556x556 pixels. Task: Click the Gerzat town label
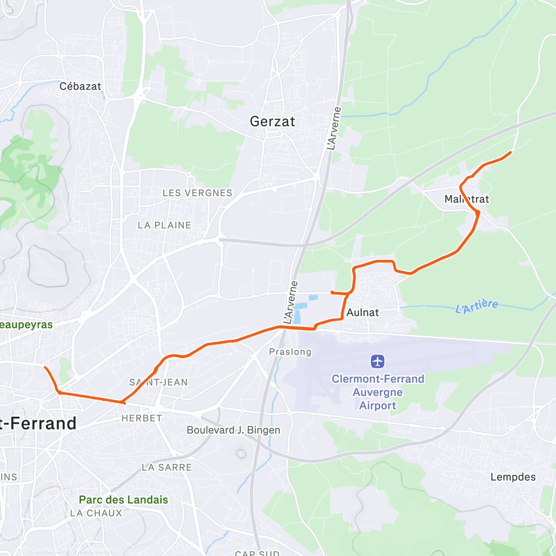pyautogui.click(x=272, y=121)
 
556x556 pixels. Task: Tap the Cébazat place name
pyautogui.click(x=80, y=86)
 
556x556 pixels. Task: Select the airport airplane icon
pyautogui.click(x=378, y=361)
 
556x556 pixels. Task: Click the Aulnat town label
pyautogui.click(x=363, y=313)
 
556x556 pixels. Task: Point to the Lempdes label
pyautogui.click(x=513, y=477)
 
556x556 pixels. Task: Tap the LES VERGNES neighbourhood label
pyautogui.click(x=197, y=193)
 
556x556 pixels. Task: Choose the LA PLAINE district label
pyautogui.click(x=164, y=225)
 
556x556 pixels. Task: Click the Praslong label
pyautogui.click(x=290, y=352)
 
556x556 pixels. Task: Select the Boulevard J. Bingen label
pyautogui.click(x=234, y=430)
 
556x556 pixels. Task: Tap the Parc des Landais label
pyautogui.click(x=123, y=500)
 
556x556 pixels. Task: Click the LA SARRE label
pyautogui.click(x=167, y=467)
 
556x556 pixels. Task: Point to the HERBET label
pyautogui.click(x=142, y=418)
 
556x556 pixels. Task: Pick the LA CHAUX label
pyautogui.click(x=96, y=513)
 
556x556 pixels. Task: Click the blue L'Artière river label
pyautogui.click(x=477, y=306)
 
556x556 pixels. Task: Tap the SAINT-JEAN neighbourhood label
pyautogui.click(x=158, y=382)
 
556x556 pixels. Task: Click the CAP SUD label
pyautogui.click(x=257, y=553)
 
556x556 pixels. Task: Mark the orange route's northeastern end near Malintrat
pyautogui.click(x=511, y=152)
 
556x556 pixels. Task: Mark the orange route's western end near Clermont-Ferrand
pyautogui.click(x=45, y=367)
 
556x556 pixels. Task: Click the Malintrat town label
pyautogui.click(x=467, y=199)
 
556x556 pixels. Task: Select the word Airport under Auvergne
pyautogui.click(x=378, y=405)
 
